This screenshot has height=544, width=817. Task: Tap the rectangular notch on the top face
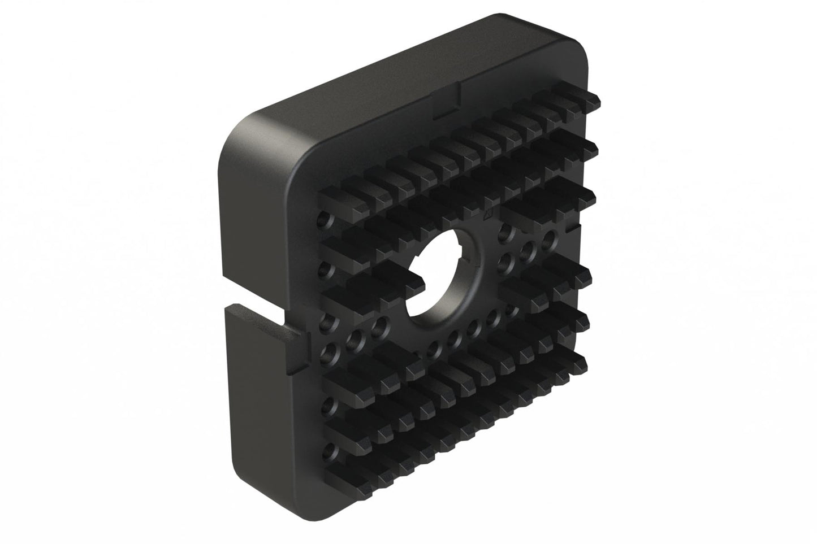coord(447,101)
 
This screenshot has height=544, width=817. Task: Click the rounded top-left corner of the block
coord(240,136)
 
